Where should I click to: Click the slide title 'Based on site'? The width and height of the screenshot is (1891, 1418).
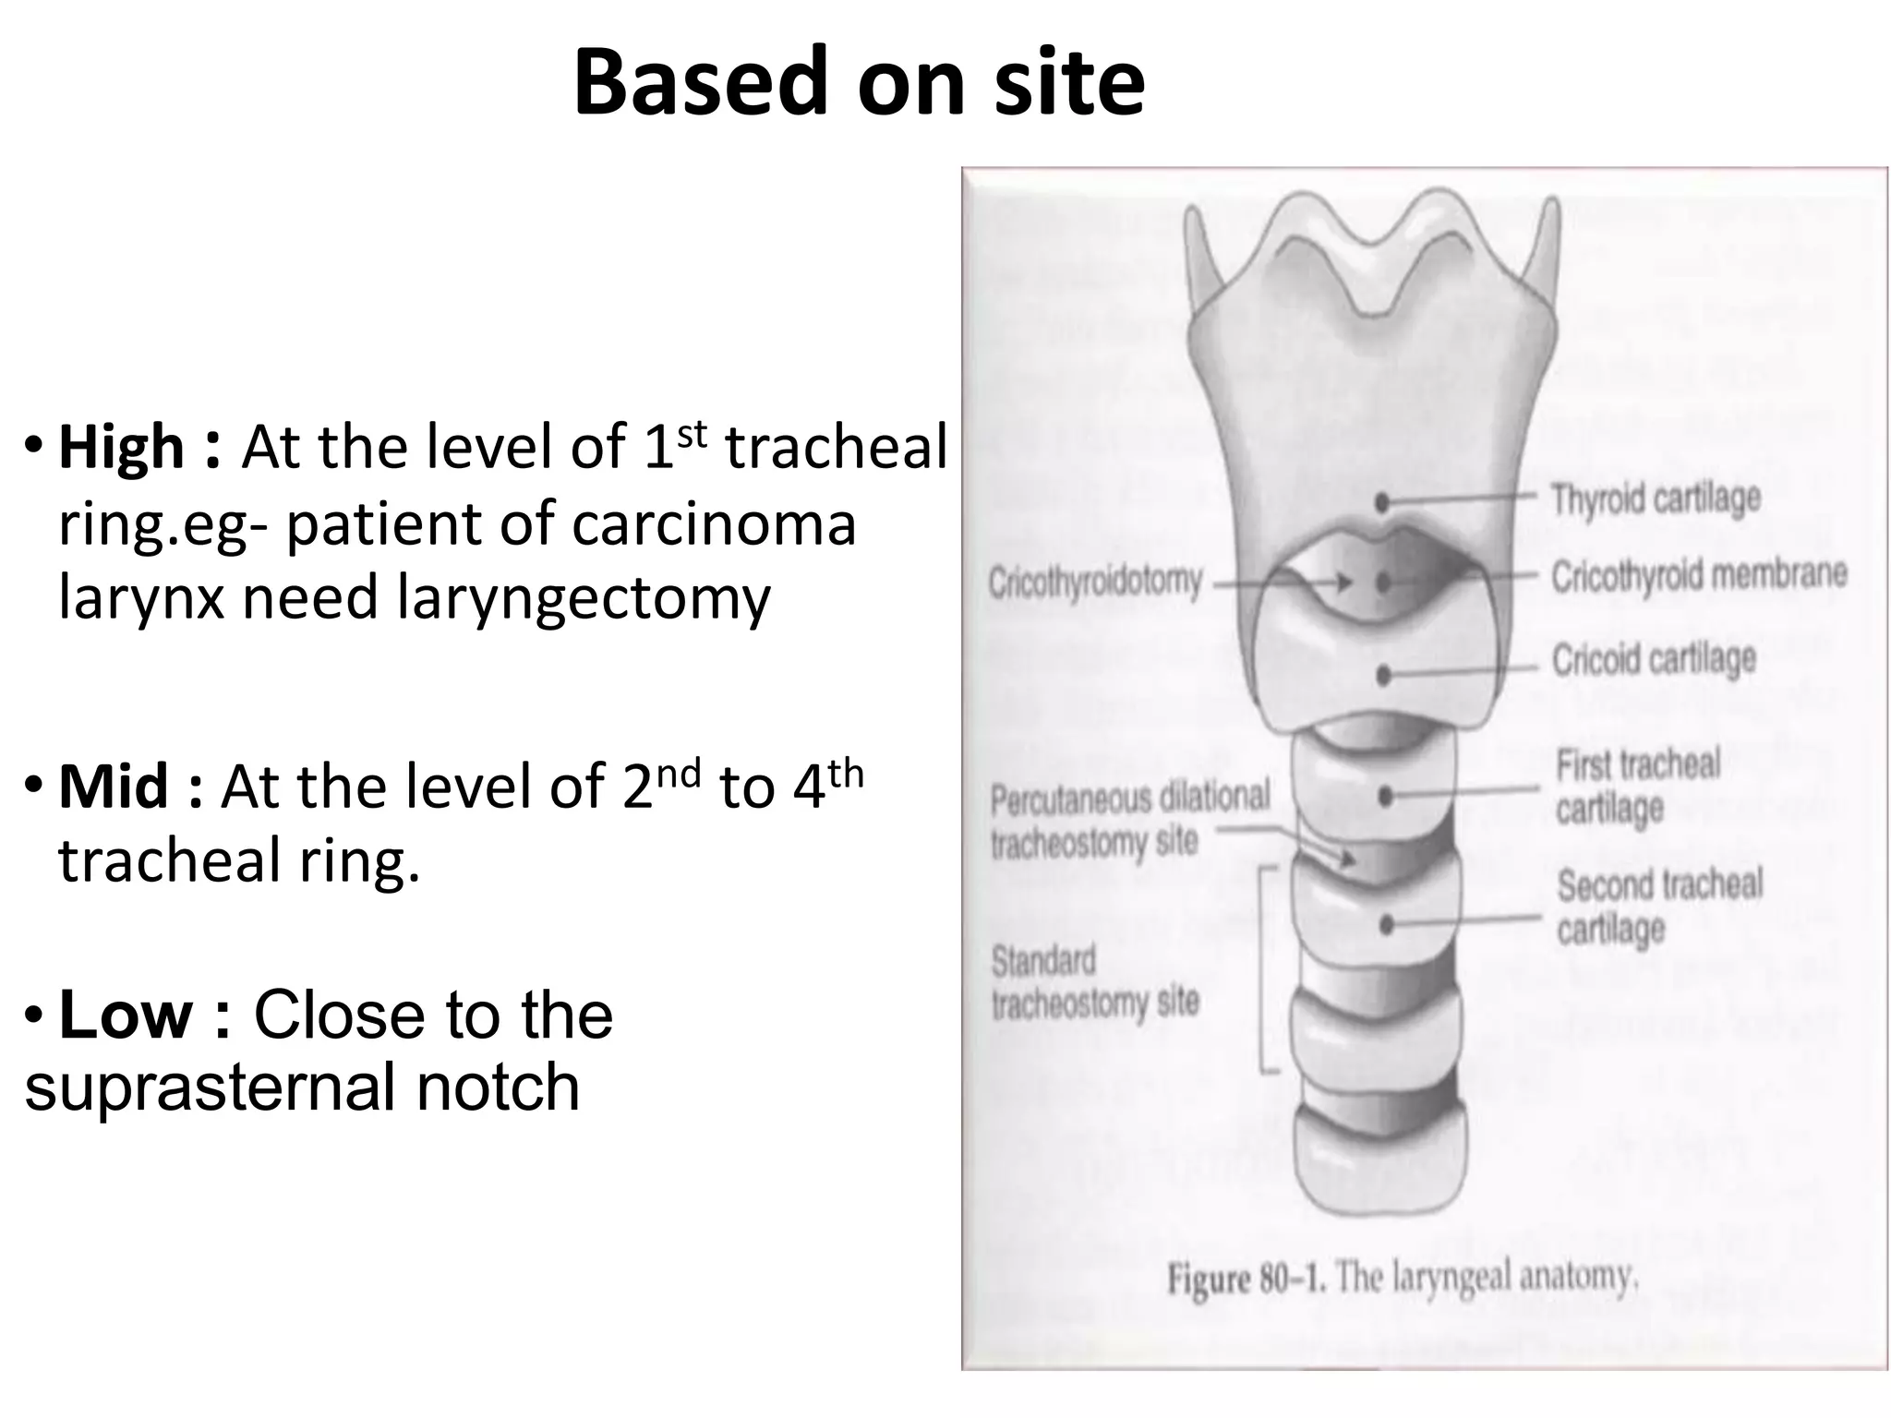[859, 83]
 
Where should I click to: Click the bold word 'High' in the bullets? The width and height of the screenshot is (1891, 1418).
[121, 448]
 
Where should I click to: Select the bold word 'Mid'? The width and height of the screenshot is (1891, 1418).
[114, 787]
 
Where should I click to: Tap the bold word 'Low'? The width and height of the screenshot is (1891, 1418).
[126, 1015]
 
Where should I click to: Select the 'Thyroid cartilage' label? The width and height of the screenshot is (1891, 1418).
[1656, 499]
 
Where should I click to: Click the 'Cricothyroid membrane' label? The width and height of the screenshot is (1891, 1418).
[1698, 576]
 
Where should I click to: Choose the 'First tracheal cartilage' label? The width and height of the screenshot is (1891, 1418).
[1637, 787]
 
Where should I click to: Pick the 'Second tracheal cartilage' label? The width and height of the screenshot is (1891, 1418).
[1659, 906]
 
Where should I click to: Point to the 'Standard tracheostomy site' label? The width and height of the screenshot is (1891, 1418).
[1094, 981]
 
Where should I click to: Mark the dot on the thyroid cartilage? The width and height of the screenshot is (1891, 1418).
[1382, 503]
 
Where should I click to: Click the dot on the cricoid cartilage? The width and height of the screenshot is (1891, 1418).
[1383, 677]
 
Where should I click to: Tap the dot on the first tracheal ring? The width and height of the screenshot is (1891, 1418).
[1385, 797]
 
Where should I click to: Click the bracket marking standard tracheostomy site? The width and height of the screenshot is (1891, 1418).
[1262, 969]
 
